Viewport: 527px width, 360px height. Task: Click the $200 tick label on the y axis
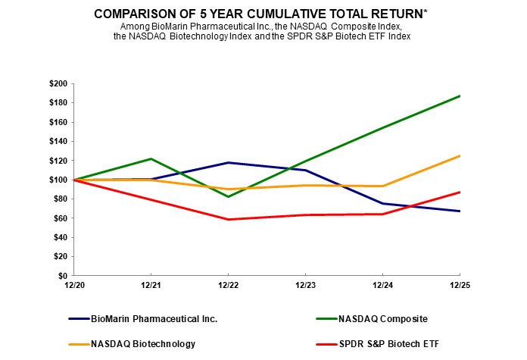(58, 83)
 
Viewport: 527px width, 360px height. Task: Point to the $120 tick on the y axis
(58, 161)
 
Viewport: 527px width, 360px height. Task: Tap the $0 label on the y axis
(62, 276)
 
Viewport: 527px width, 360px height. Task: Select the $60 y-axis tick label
(60, 218)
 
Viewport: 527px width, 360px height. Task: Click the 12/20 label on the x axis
(75, 286)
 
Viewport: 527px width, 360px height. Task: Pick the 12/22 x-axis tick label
(229, 286)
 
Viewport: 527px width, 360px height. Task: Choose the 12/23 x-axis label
(305, 286)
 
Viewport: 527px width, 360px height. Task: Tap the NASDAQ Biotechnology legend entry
(143, 344)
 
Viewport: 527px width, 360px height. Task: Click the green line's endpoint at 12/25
(460, 95)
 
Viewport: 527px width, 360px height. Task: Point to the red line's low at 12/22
(229, 219)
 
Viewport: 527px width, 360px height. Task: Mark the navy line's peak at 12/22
(229, 163)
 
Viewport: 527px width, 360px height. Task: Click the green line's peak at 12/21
(151, 158)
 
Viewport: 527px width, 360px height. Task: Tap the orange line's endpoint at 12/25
(460, 155)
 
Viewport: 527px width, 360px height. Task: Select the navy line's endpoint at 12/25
(460, 211)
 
